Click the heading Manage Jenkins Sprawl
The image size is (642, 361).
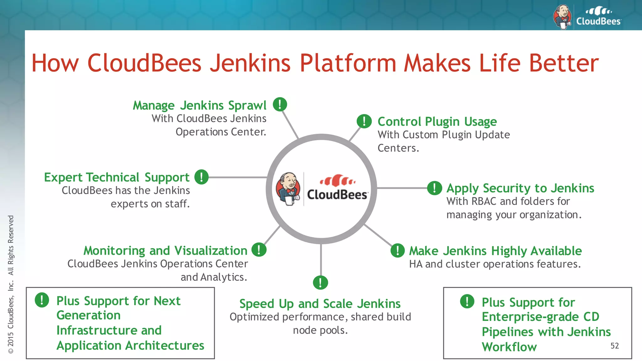(x=200, y=106)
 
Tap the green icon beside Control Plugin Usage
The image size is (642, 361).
(x=364, y=121)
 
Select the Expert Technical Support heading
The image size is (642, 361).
(x=117, y=177)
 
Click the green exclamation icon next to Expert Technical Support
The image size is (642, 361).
(x=201, y=177)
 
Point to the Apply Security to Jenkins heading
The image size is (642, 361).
(x=520, y=188)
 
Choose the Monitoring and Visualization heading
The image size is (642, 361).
(x=165, y=251)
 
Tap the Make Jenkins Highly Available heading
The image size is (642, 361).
(x=495, y=251)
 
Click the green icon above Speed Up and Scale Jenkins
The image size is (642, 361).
(x=320, y=283)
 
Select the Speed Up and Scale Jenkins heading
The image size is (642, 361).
(x=320, y=304)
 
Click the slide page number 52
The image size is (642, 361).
(x=614, y=346)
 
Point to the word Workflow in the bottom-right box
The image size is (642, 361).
(x=509, y=347)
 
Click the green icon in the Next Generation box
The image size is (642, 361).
(x=42, y=300)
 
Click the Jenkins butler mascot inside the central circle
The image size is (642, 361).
(x=288, y=189)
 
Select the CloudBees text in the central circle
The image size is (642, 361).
(x=337, y=195)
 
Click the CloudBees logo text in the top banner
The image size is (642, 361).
(x=598, y=21)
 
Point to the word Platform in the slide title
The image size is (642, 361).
(x=348, y=63)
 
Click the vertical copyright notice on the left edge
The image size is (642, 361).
(x=11, y=284)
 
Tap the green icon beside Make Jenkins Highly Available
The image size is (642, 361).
(x=397, y=250)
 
